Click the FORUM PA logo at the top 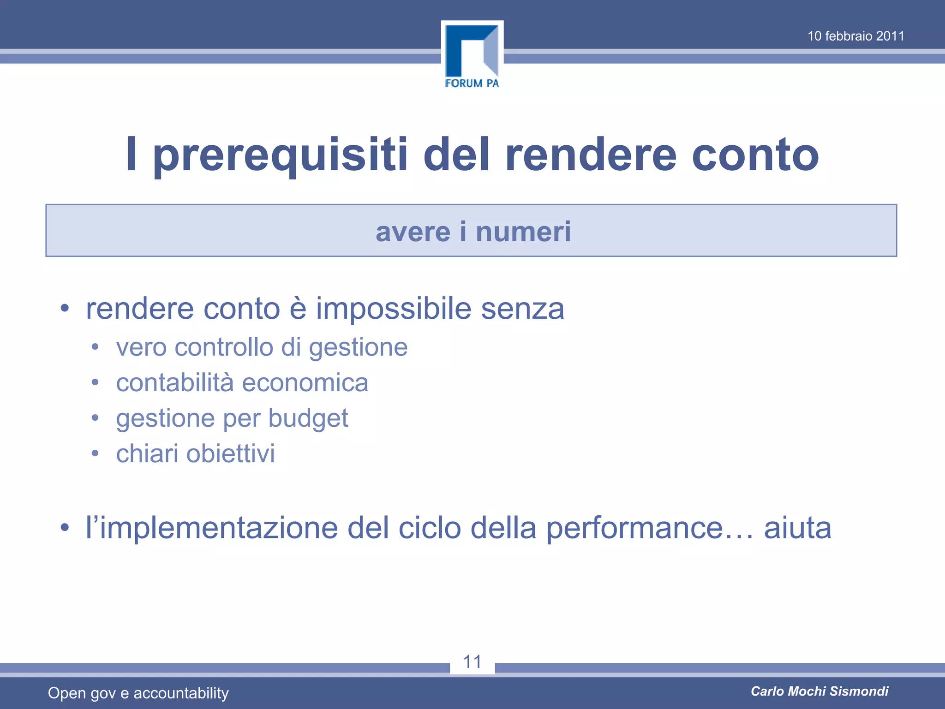click(x=472, y=55)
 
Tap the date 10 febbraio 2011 click(x=855, y=36)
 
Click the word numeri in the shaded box click(x=523, y=231)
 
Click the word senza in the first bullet click(x=522, y=309)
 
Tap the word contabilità click(x=175, y=383)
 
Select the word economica click(x=305, y=383)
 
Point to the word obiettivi click(x=230, y=453)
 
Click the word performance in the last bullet click(x=634, y=529)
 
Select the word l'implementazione click(x=212, y=529)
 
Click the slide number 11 click(x=472, y=661)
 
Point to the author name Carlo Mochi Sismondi click(x=819, y=691)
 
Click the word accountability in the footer click(x=181, y=693)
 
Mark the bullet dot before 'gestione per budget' click(x=95, y=418)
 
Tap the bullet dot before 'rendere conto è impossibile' click(x=65, y=308)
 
